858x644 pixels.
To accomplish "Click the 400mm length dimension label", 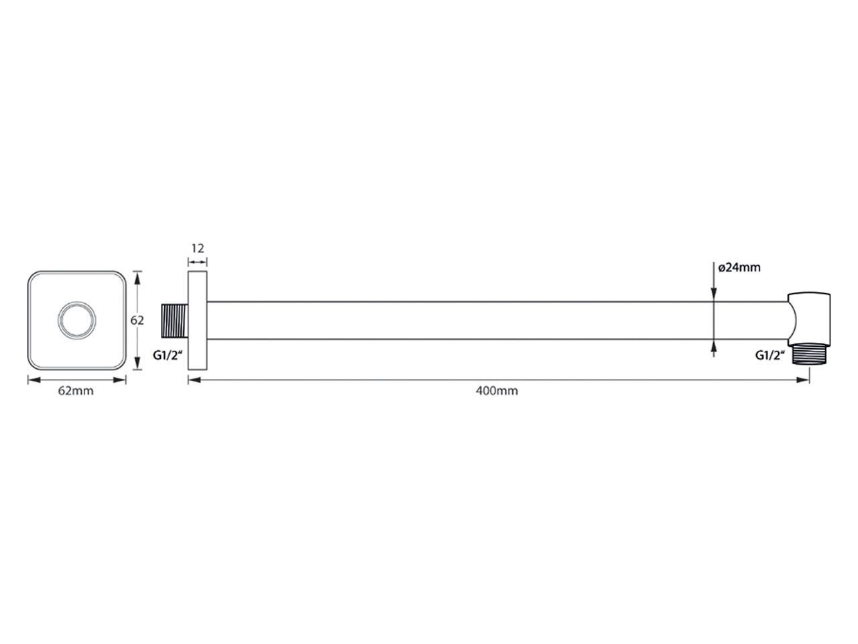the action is (497, 390).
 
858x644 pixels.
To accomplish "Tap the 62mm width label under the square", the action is (76, 390).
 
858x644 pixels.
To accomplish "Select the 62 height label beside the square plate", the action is (137, 320).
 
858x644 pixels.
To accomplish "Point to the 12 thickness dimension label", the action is (198, 248).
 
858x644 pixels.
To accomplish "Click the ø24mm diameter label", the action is (739, 268).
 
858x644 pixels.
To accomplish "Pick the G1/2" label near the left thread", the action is (168, 355).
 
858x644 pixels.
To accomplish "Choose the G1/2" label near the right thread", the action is (770, 355).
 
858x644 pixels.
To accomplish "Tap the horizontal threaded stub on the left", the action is (174, 321).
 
